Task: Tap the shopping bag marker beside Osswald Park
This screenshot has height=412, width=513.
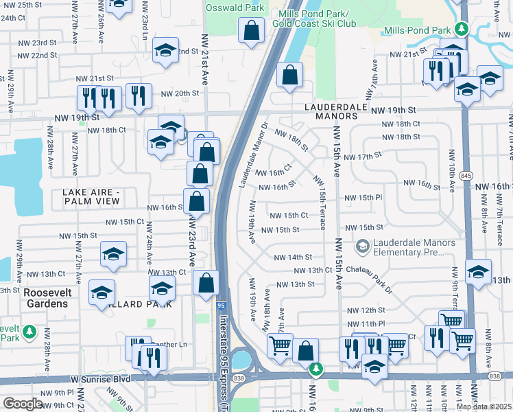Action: [252, 30]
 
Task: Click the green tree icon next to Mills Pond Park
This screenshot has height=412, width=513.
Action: [463, 29]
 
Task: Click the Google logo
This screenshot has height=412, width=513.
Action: [23, 404]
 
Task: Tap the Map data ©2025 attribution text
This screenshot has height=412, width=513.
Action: [484, 407]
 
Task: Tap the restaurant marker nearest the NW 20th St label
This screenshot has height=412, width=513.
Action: [139, 97]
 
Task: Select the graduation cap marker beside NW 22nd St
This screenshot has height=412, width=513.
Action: [165, 51]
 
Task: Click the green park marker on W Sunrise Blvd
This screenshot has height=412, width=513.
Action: [315, 370]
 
